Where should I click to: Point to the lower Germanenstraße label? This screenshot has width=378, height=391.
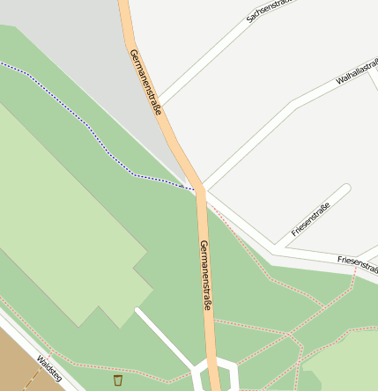click(x=206, y=275)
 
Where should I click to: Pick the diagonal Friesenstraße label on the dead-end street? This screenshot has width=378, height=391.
click(x=310, y=220)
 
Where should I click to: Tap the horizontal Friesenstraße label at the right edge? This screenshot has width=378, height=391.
click(x=357, y=262)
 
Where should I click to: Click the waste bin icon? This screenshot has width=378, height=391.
click(x=118, y=380)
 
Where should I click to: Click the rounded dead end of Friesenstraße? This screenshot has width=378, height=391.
click(x=345, y=189)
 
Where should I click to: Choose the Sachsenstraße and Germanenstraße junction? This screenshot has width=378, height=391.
click(x=159, y=100)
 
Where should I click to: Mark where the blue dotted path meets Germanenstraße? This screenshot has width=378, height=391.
click(x=195, y=188)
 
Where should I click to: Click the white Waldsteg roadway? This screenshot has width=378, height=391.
click(x=26, y=339)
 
